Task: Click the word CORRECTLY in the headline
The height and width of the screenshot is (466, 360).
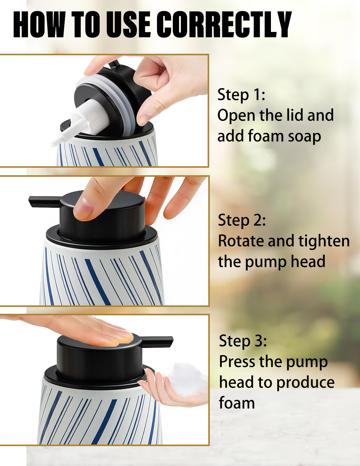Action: coord(224,25)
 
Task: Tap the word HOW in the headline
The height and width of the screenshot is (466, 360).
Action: coord(39,25)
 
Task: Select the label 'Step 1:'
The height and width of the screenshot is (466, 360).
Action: coord(241,95)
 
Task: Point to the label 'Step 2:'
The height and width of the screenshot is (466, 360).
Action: coord(242,220)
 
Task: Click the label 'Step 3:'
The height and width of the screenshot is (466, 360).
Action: coord(243,341)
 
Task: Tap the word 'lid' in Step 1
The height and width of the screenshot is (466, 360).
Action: coord(295,115)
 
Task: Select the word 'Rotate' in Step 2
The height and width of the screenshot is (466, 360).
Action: coord(241,241)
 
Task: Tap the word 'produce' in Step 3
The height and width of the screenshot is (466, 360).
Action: coord(305,384)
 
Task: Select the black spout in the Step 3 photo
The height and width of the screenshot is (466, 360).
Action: coord(157,342)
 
